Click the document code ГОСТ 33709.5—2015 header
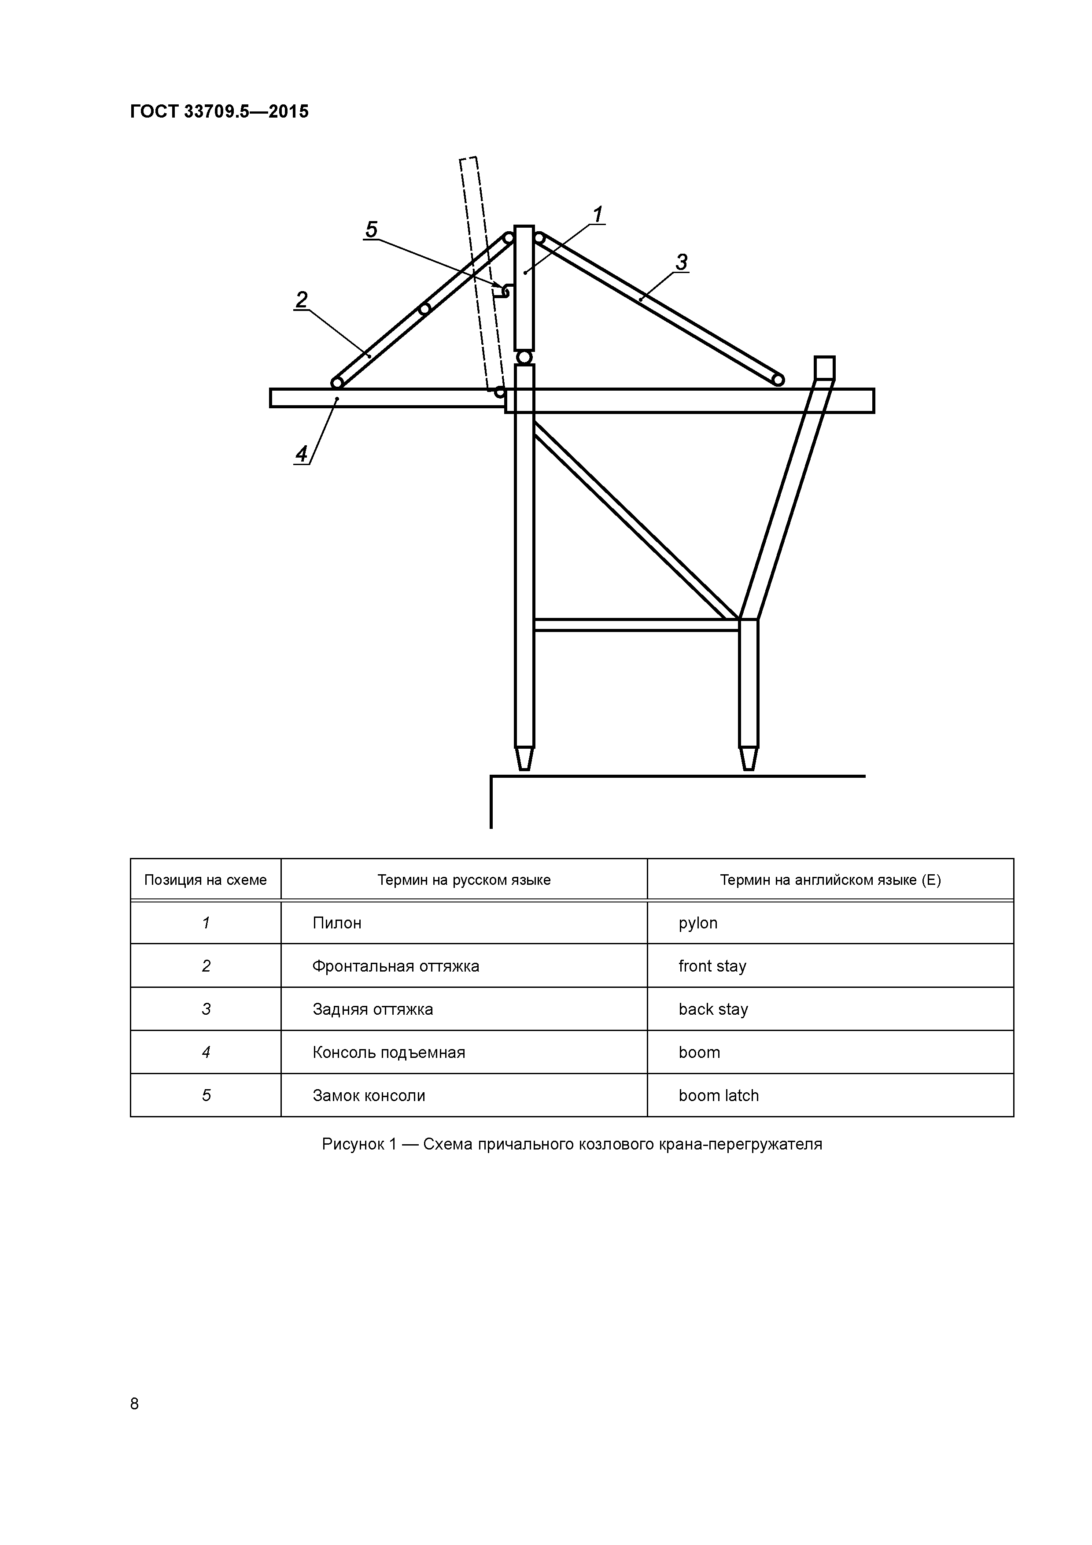(219, 112)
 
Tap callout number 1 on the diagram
(597, 214)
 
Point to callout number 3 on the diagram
(682, 262)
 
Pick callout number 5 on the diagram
(371, 230)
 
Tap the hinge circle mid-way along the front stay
(424, 309)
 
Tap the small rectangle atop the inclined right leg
(824, 368)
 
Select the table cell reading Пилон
(337, 923)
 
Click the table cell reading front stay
(712, 966)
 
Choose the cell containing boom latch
(719, 1095)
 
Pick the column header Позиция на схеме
(205, 880)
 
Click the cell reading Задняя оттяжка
(373, 1009)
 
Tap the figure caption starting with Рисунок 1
(572, 1144)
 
